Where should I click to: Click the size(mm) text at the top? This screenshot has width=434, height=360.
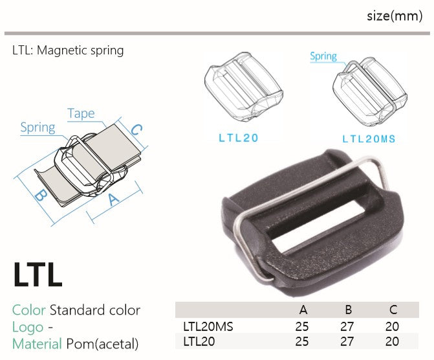[395, 16]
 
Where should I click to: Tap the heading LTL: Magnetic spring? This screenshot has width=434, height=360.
[68, 51]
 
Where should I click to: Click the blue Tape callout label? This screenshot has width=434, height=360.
[81, 113]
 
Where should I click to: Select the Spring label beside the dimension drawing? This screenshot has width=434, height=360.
[38, 128]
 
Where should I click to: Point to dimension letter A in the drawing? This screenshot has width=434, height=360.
[113, 199]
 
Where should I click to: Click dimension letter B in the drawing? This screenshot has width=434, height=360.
[41, 195]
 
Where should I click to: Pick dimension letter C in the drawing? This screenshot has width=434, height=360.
[136, 129]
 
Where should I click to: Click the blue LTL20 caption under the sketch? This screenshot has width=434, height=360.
[239, 138]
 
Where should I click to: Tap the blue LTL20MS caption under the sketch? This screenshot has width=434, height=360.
[369, 139]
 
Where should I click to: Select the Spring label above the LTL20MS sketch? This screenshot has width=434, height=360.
[323, 56]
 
